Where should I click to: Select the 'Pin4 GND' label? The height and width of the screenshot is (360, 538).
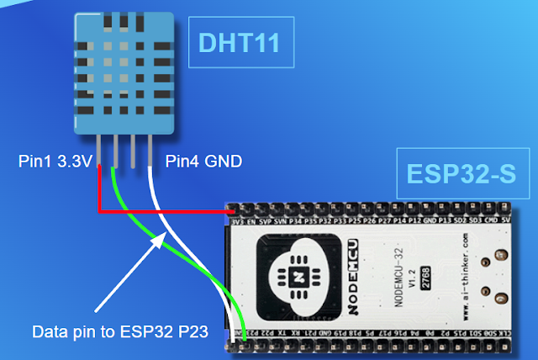[x=204, y=160]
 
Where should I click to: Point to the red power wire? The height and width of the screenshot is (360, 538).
[x=160, y=211]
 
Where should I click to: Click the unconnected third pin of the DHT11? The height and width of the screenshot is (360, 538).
[x=133, y=150]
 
